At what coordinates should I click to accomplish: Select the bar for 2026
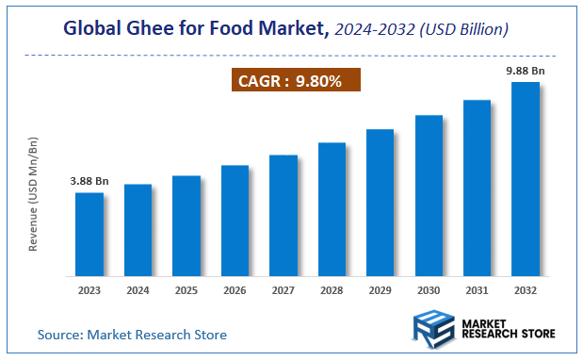pyautogui.click(x=235, y=221)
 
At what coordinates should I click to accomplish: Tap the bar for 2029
pyautogui.click(x=380, y=203)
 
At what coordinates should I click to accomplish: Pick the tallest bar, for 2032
pyautogui.click(x=525, y=179)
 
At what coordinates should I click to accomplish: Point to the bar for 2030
pyautogui.click(x=429, y=195)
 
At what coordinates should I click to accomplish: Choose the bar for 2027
pyautogui.click(x=283, y=215)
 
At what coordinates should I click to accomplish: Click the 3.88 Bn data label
pyautogui.click(x=89, y=181)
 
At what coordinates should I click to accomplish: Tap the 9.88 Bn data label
pyautogui.click(x=525, y=70)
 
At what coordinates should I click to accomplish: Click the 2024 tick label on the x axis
pyautogui.click(x=138, y=290)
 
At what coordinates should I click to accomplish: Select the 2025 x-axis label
pyautogui.click(x=186, y=290)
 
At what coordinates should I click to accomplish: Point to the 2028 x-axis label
pyautogui.click(x=332, y=290)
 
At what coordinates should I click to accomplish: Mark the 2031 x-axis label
pyautogui.click(x=477, y=290)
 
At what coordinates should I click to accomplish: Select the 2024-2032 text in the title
pyautogui.click(x=375, y=30)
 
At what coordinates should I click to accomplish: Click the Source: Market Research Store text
pyautogui.click(x=132, y=335)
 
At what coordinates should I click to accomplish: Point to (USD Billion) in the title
pyautogui.click(x=465, y=30)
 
